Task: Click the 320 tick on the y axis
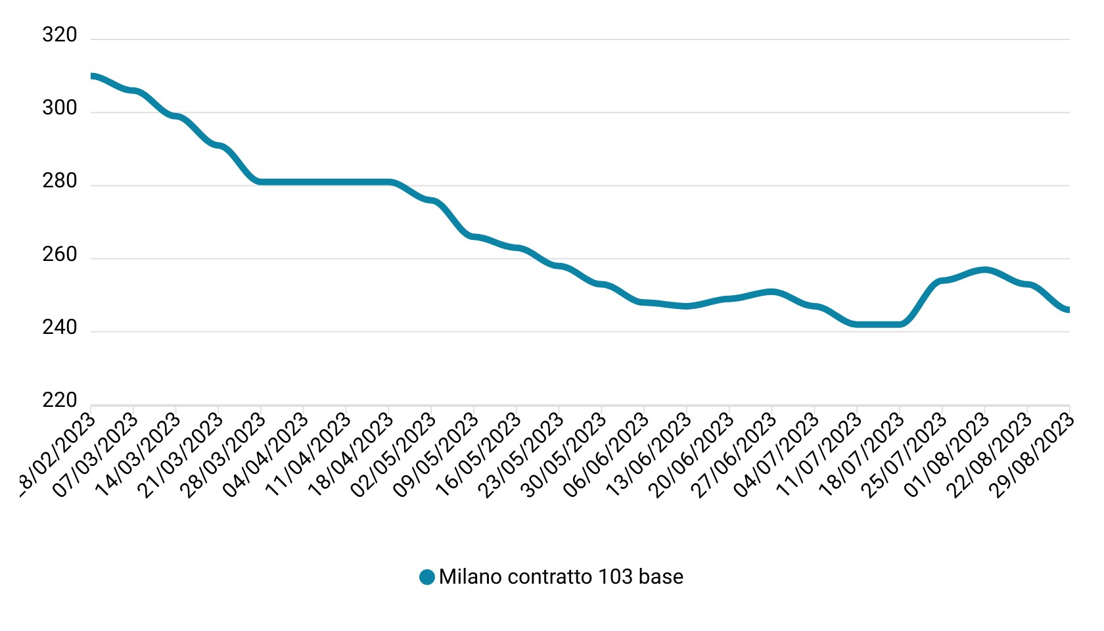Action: point(60,35)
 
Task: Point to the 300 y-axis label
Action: point(60,108)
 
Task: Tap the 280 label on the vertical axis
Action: point(60,181)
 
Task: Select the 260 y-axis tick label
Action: point(60,254)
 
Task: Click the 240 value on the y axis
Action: point(60,327)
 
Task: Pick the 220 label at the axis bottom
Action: point(60,400)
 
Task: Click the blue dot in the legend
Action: point(427,577)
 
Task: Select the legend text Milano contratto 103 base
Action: point(561,577)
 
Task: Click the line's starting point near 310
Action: point(92,76)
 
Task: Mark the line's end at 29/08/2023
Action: point(1068,310)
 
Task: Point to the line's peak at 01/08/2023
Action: point(984,270)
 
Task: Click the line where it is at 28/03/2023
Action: point(262,181)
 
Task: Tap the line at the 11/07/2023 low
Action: point(857,324)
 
